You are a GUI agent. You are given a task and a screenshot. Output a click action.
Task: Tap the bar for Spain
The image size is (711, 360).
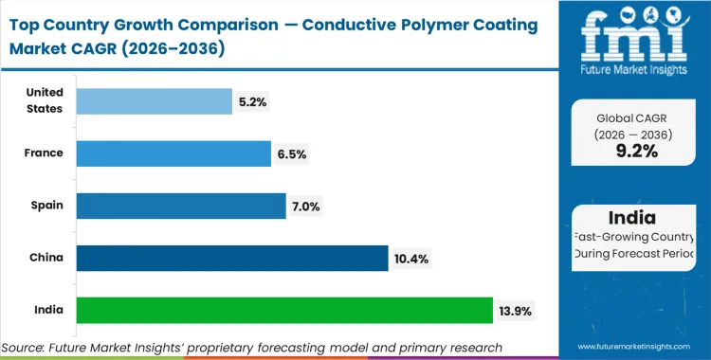coord(180,206)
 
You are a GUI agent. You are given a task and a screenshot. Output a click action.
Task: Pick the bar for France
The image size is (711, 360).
coord(173,153)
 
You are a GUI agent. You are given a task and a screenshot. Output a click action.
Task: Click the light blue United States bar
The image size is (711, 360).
coord(154,101)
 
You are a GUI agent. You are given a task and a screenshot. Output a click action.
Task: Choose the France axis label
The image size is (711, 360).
coord(45,153)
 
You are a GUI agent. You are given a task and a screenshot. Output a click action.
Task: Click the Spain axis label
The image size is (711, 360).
coord(46,206)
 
